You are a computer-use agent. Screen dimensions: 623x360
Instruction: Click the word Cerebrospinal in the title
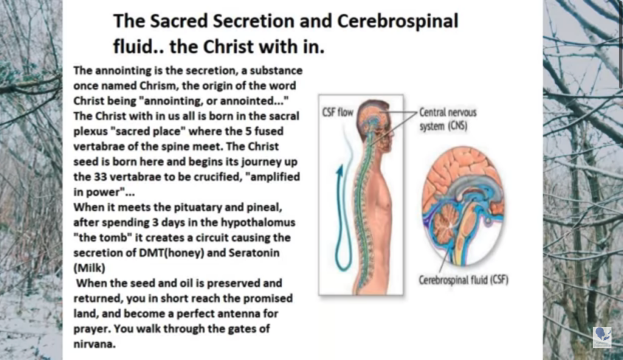(398, 21)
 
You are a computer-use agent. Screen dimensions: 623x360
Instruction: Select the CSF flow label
(338, 112)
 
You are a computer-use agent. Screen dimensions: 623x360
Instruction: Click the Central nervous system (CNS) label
(448, 119)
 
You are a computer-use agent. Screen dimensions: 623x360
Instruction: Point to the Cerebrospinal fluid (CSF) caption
(464, 280)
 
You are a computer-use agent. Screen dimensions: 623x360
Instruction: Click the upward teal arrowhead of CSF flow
(339, 171)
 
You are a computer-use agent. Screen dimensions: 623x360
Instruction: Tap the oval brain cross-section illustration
(463, 206)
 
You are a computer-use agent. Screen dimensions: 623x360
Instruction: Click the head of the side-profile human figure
(374, 119)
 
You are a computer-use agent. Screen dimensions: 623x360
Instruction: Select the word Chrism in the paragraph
(158, 86)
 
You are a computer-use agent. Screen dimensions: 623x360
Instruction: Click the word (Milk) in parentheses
(89, 268)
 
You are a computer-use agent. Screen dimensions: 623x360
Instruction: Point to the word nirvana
(94, 344)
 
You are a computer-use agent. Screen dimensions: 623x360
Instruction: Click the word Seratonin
(254, 253)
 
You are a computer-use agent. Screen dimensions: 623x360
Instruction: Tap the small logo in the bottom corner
(602, 337)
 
